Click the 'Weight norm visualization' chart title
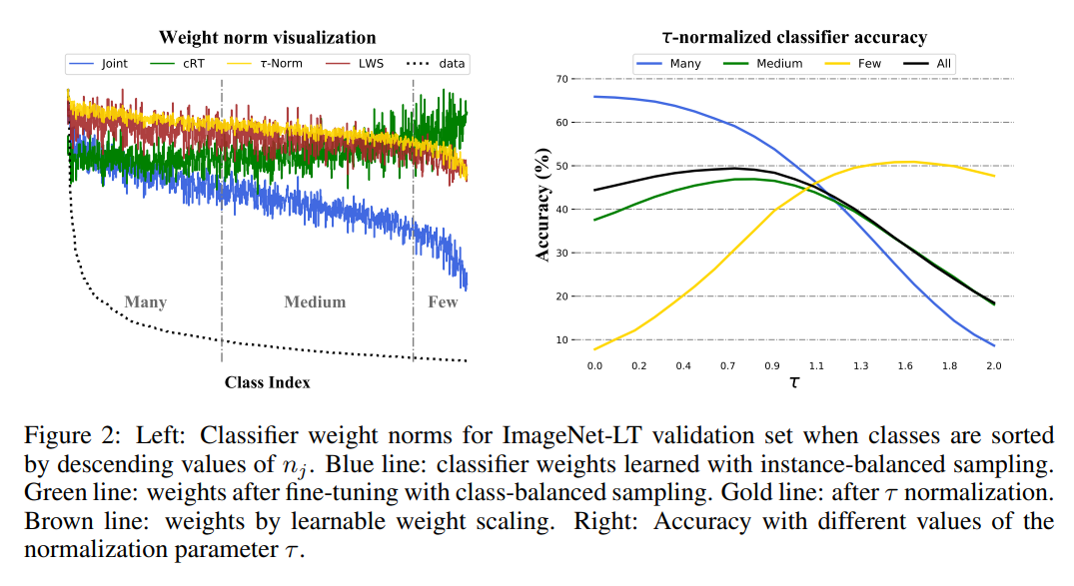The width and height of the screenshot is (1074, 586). [x=267, y=38]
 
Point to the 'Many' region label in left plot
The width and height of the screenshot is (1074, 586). [x=145, y=301]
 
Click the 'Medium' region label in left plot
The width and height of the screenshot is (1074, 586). [x=315, y=301]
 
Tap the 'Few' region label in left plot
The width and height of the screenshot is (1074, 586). [x=443, y=301]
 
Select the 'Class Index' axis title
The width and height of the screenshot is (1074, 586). [x=267, y=382]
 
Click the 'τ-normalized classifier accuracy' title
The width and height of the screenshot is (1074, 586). [x=794, y=38]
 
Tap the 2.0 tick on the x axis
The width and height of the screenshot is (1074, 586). [x=993, y=366]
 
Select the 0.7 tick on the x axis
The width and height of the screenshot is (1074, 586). [x=726, y=366]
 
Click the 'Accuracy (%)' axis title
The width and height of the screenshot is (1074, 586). [x=543, y=209]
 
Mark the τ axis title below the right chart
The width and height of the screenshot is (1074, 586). [x=794, y=382]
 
